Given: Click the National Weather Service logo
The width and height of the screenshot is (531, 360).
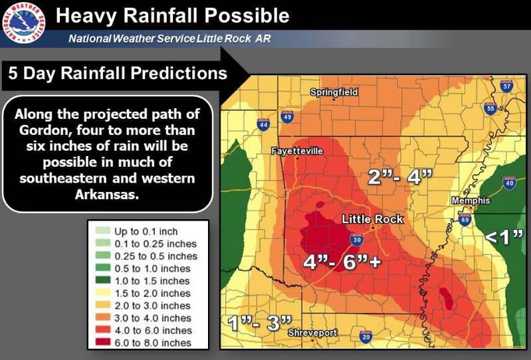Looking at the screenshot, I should [x=24, y=24].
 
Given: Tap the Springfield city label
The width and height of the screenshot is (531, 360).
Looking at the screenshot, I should [x=334, y=92].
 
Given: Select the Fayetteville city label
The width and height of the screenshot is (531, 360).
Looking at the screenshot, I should [x=297, y=151].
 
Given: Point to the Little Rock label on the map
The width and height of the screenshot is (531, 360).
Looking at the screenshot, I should [x=372, y=219].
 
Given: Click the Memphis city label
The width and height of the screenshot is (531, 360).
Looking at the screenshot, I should [x=471, y=201].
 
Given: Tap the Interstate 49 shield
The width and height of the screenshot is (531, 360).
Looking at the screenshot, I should [x=287, y=117].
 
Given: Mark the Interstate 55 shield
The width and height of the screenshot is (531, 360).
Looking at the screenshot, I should [x=490, y=108].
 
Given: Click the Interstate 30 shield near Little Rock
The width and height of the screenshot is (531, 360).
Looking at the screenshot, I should [x=357, y=240].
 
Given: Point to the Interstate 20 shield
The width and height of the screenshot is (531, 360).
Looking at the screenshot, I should [x=366, y=337].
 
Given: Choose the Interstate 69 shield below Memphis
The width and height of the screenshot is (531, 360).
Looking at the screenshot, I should [x=465, y=219].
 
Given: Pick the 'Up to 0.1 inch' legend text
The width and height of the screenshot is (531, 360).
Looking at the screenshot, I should [x=146, y=231].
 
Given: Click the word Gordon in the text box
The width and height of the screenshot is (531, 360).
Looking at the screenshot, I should [x=45, y=130].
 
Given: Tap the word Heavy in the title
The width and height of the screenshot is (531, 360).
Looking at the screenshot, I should [x=86, y=16].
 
